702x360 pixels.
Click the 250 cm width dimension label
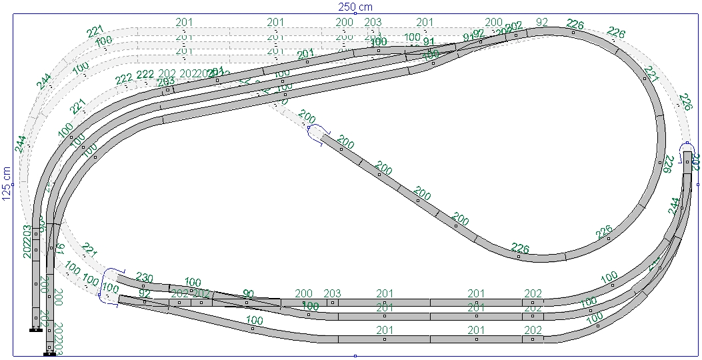click(x=355, y=7)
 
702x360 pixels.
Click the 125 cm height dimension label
click(x=7, y=183)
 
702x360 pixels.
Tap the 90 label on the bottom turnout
click(x=249, y=294)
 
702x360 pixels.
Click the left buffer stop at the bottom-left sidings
click(x=36, y=329)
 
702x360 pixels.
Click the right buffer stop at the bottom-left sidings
click(x=49, y=354)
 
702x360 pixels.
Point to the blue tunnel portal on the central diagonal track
click(x=317, y=131)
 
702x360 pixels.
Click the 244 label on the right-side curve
click(x=675, y=207)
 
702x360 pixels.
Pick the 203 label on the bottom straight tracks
click(x=332, y=294)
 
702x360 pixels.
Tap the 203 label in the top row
click(x=373, y=23)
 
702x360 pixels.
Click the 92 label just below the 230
click(x=145, y=293)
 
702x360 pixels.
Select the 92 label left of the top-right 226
click(x=541, y=22)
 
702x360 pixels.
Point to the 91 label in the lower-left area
click(x=59, y=250)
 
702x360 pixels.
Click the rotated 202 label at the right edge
click(x=695, y=162)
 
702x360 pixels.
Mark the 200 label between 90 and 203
click(x=303, y=294)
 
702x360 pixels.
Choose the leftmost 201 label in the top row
click(x=184, y=23)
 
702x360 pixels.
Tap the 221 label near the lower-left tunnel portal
click(x=89, y=250)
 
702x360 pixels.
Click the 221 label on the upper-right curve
click(x=651, y=74)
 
